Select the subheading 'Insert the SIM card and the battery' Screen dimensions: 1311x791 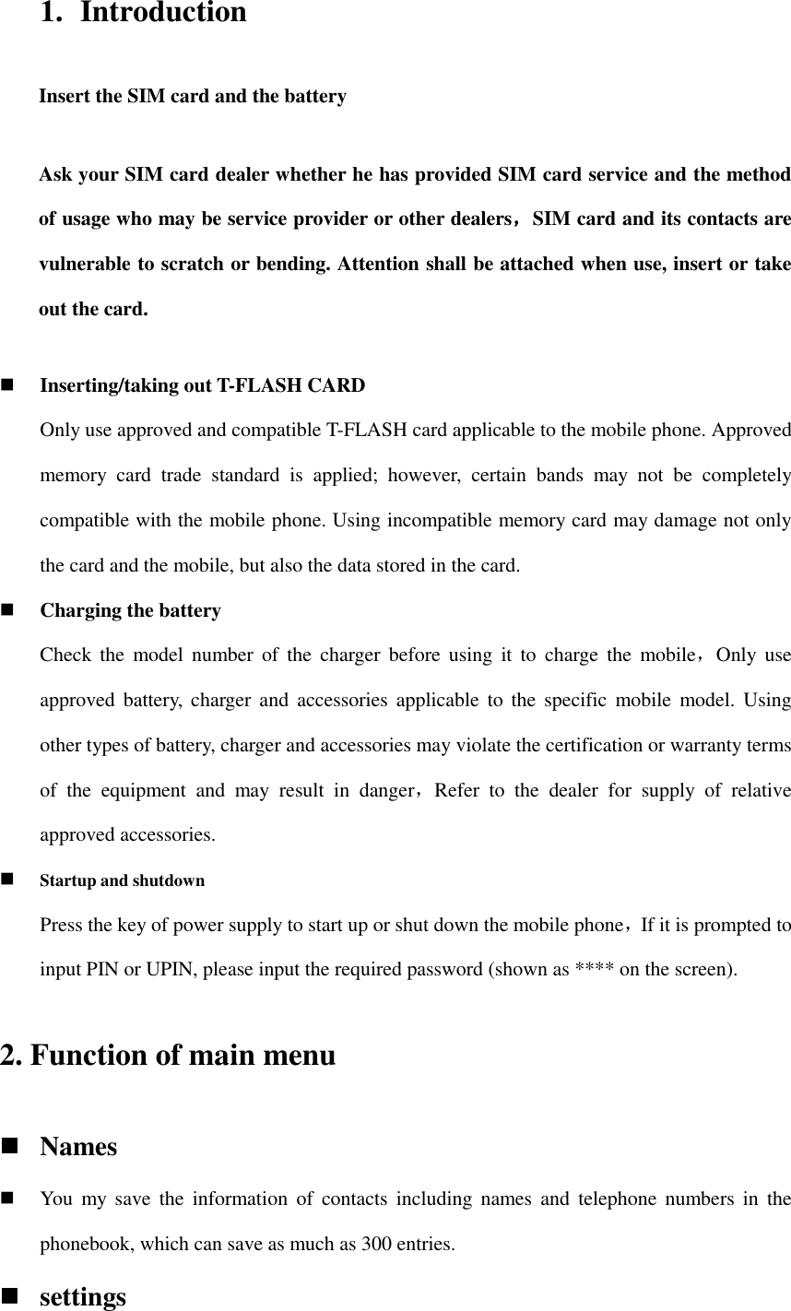pyautogui.click(x=193, y=96)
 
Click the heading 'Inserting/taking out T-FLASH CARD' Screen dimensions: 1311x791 pyautogui.click(x=202, y=385)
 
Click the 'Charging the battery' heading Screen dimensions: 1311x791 pyautogui.click(x=130, y=610)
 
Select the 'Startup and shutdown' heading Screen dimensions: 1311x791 pyautogui.click(x=122, y=880)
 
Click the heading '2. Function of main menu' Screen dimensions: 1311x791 pyautogui.click(x=168, y=1054)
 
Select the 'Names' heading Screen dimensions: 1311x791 pyautogui.click(x=78, y=1147)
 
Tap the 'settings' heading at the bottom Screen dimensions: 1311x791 pyautogui.click(x=83, y=1296)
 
